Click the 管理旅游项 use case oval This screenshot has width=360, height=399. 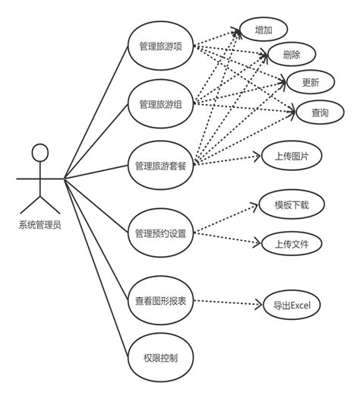click(160, 46)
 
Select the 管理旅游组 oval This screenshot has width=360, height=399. click(160, 103)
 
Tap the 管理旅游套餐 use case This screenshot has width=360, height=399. click(160, 166)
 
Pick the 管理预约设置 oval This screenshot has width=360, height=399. click(160, 233)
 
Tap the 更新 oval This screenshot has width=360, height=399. click(309, 82)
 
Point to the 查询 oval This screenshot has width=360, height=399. click(319, 112)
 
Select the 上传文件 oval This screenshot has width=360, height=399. click(290, 244)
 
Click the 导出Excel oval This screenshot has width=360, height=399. click(292, 306)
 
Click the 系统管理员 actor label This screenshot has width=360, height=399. click(40, 226)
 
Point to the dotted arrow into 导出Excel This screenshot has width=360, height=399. click(228, 303)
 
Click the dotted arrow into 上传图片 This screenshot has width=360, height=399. click(228, 160)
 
